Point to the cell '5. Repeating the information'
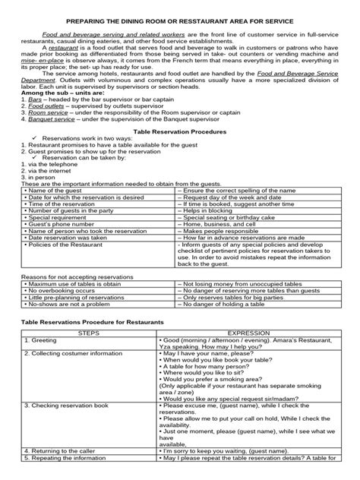pyautogui.click(x=64, y=469)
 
